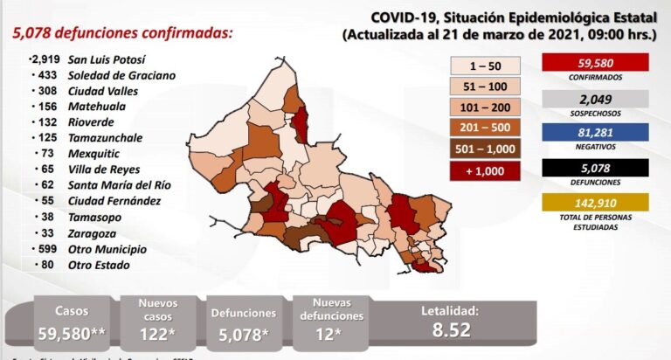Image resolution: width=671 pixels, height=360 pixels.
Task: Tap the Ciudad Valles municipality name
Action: [107, 91]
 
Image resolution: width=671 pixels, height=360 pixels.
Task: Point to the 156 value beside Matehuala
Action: [46, 107]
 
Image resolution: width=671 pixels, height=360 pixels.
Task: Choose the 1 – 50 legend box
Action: [487, 66]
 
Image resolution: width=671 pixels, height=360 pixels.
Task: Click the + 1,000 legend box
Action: [487, 170]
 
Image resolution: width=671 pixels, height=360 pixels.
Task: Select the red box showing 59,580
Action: [594, 62]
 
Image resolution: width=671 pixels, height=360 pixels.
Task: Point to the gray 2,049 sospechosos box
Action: [594, 99]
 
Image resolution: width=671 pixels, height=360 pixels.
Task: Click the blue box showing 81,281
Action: [594, 132]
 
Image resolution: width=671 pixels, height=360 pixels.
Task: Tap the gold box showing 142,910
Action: [594, 202]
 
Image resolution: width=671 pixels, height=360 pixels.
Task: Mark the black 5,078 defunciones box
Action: [594, 166]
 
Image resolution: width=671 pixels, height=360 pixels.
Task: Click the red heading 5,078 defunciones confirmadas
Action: [122, 33]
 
